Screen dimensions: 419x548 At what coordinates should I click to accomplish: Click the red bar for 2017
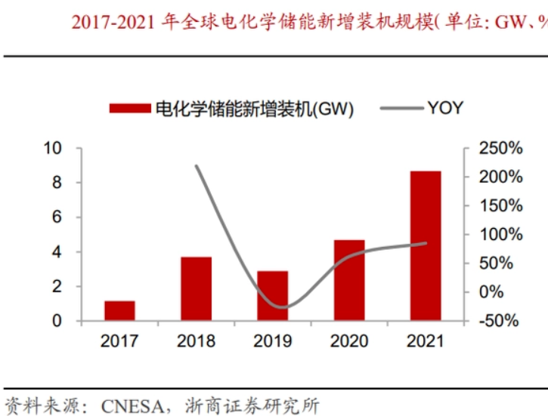119,310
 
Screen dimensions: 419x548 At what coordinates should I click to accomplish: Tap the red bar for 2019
272,295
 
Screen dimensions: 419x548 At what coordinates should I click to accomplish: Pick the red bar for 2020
349,280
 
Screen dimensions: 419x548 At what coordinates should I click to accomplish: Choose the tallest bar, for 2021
426,245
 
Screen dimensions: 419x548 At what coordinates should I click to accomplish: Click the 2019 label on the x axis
272,342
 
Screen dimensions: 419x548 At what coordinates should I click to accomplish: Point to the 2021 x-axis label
426,342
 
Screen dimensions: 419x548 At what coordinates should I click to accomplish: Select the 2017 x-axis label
119,342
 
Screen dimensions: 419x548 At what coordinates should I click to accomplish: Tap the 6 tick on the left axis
56,217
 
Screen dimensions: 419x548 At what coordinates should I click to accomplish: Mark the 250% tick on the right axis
501,148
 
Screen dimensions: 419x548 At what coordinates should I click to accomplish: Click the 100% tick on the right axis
501,234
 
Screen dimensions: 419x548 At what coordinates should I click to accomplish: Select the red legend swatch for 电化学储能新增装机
130,108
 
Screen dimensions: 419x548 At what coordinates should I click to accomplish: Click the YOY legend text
445,108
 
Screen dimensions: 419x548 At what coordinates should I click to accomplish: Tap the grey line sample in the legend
399,108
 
